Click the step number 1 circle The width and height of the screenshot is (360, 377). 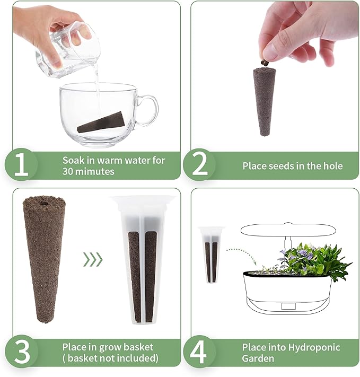coord(21,165)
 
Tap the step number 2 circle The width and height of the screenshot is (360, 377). coord(199,165)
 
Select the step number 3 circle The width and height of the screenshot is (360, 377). coord(21,352)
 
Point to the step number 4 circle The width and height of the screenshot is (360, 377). coord(199,352)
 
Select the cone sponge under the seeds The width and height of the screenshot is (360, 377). coord(264,101)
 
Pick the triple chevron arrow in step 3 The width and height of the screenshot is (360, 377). coord(92,259)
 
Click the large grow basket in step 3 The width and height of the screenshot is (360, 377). coord(143,260)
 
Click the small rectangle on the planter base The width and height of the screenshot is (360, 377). coord(288,306)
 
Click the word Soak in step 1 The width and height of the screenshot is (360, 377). coord(74,160)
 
